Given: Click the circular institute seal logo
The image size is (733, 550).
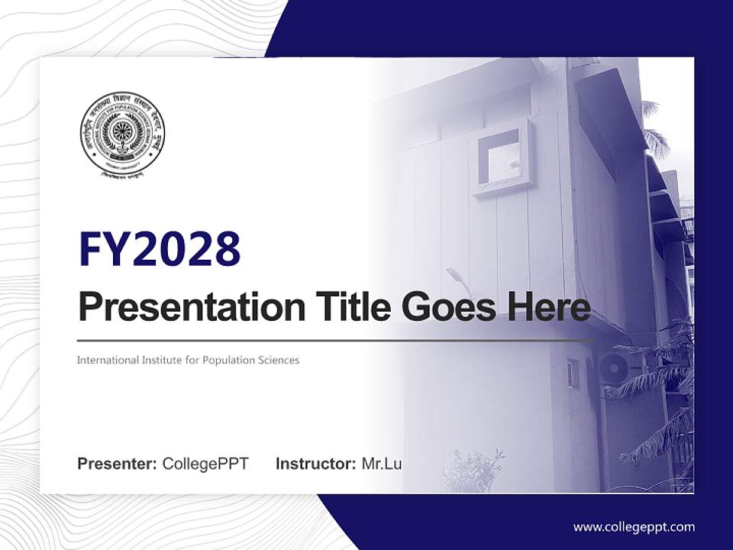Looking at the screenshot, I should (122, 135).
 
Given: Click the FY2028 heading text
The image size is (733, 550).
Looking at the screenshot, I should (160, 248).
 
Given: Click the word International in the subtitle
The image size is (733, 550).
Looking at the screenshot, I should (106, 360).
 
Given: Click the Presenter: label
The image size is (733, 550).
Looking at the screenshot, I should (117, 464).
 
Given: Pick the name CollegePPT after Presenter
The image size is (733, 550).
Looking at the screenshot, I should (205, 464).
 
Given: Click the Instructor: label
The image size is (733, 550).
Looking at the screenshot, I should (315, 464).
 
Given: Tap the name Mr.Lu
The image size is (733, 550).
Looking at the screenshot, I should (382, 464).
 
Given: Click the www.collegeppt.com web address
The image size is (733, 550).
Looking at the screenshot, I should (634, 526).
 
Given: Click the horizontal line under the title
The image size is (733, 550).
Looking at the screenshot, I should (336, 340).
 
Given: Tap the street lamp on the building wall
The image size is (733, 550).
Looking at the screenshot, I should (457, 278).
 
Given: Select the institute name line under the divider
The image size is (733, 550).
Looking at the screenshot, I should (188, 360).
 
